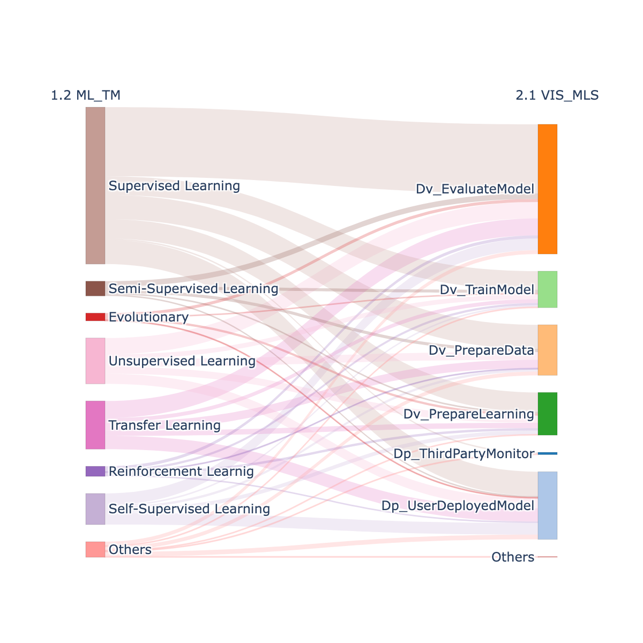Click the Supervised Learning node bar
click(95, 185)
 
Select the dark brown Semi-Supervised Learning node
click(95, 289)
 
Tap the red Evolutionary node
click(95, 317)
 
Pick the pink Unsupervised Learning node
click(95, 361)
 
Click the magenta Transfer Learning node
click(95, 425)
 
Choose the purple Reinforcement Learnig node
click(95, 472)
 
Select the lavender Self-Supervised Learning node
click(95, 509)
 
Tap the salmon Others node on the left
click(95, 550)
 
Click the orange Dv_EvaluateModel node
click(548, 189)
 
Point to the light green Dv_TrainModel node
click(548, 289)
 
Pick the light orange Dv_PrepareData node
click(548, 350)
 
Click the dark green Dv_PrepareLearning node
click(548, 414)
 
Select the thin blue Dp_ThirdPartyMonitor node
click(548, 453)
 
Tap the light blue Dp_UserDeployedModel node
click(548, 505)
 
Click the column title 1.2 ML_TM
click(85, 95)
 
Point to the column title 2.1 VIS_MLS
click(557, 95)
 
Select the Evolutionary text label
click(149, 317)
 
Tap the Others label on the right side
click(513, 557)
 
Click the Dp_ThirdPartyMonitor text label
click(464, 454)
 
